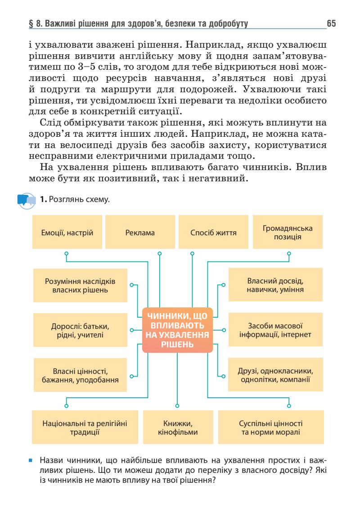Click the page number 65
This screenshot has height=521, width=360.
pyautogui.click(x=332, y=23)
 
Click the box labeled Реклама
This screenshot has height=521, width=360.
pyautogui.click(x=140, y=233)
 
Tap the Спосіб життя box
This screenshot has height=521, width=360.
pyautogui.click(x=214, y=233)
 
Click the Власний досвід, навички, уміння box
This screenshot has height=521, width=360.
pyautogui.click(x=275, y=285)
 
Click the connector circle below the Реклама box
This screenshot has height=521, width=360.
pyautogui.click(x=159, y=253)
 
